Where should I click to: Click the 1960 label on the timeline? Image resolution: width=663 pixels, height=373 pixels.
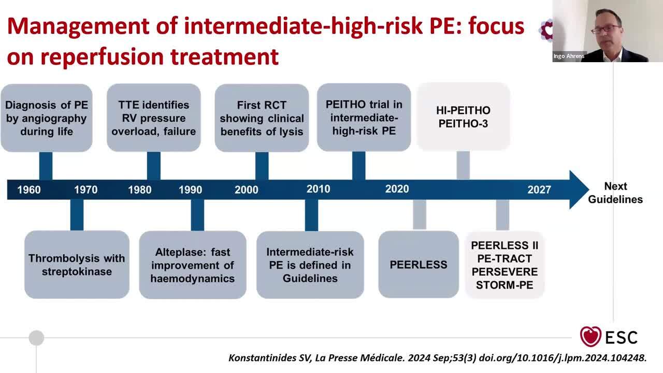pos(28,190)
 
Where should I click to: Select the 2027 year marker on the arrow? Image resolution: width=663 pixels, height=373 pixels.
pos(539,190)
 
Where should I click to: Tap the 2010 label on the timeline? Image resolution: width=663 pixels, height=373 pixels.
pos(318,189)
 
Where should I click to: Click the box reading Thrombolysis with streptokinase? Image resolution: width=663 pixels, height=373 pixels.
pos(77,265)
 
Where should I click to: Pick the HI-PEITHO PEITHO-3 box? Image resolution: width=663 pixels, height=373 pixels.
pos(463,117)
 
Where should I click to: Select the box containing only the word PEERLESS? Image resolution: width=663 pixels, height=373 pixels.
pos(419,264)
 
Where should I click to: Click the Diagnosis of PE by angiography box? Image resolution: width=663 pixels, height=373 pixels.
pos(47,118)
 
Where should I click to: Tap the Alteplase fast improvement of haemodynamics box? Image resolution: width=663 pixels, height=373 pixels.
pos(193,265)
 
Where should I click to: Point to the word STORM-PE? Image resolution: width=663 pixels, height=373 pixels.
pos(505,285)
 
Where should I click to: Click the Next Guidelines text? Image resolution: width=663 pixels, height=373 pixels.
pos(615,193)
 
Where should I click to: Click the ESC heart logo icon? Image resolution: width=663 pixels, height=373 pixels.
pos(590,336)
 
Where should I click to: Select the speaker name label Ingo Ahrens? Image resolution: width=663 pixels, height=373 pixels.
pos(569,56)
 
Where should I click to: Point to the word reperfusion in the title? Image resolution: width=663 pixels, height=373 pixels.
pos(102,57)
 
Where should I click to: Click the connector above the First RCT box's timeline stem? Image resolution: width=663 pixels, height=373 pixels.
pos(262,166)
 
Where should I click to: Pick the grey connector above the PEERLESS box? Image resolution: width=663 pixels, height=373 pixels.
pos(420,215)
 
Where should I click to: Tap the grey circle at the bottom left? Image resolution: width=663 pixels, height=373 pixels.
pos(36,338)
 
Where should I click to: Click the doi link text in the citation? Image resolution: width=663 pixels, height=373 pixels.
pos(563,358)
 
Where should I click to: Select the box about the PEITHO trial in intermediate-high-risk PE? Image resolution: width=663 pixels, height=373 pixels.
pos(364,117)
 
